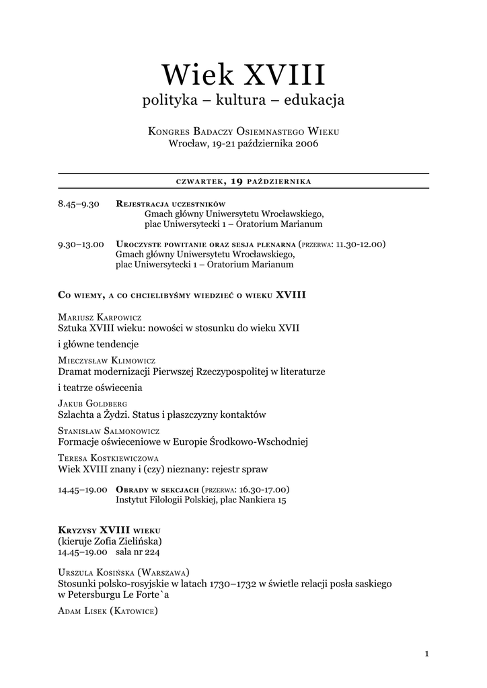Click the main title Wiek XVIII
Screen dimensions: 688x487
243,75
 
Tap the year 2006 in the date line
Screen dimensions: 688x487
305,143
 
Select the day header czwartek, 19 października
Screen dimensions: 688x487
243,181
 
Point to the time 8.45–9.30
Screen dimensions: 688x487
79,204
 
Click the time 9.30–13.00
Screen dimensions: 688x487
81,244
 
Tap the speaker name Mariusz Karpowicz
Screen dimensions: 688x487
100,316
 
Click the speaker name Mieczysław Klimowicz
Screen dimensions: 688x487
108,360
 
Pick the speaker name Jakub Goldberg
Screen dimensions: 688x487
93,404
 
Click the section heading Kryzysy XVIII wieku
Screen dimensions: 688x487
109,530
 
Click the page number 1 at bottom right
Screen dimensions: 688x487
426,652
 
